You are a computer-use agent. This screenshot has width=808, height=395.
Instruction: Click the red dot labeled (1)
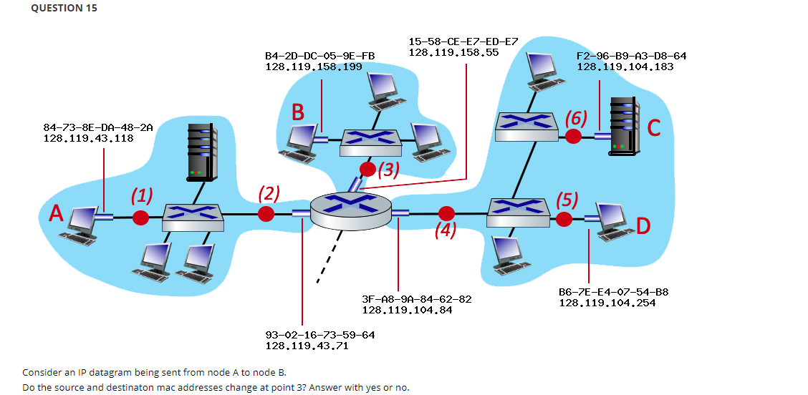coord(141,217)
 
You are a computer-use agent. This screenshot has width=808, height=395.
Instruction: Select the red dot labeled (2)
coord(266,213)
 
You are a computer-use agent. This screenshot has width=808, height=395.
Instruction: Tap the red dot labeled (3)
coord(367,170)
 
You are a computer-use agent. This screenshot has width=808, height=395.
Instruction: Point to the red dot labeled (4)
coord(447,213)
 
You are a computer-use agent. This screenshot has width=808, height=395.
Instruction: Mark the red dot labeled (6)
coord(573,136)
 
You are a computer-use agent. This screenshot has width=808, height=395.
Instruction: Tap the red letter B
coord(298,112)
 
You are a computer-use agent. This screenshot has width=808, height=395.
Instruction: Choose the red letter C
coord(653,128)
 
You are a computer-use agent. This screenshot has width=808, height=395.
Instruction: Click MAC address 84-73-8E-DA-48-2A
coord(98,127)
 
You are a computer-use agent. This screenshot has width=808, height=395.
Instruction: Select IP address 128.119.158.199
coord(313,67)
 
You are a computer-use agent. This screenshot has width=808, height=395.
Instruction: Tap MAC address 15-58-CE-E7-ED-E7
coord(463,42)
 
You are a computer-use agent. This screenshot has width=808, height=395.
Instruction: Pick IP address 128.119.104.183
coord(625,67)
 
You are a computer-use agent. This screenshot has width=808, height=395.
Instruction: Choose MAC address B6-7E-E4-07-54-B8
coord(613,292)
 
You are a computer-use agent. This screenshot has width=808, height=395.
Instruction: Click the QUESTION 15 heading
coord(64,9)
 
